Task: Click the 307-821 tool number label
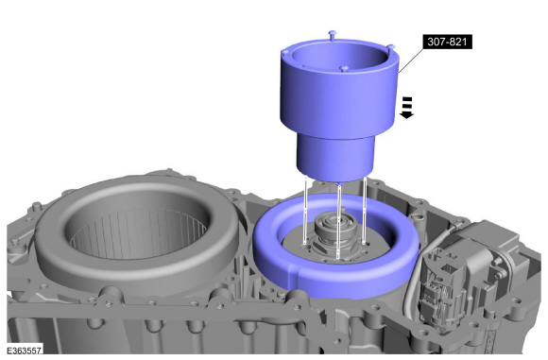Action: coord(447,42)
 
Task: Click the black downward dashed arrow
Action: coord(406,108)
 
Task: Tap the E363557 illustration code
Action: coord(25,351)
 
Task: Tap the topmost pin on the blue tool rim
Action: coord(333,35)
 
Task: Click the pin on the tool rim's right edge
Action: coord(390,47)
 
